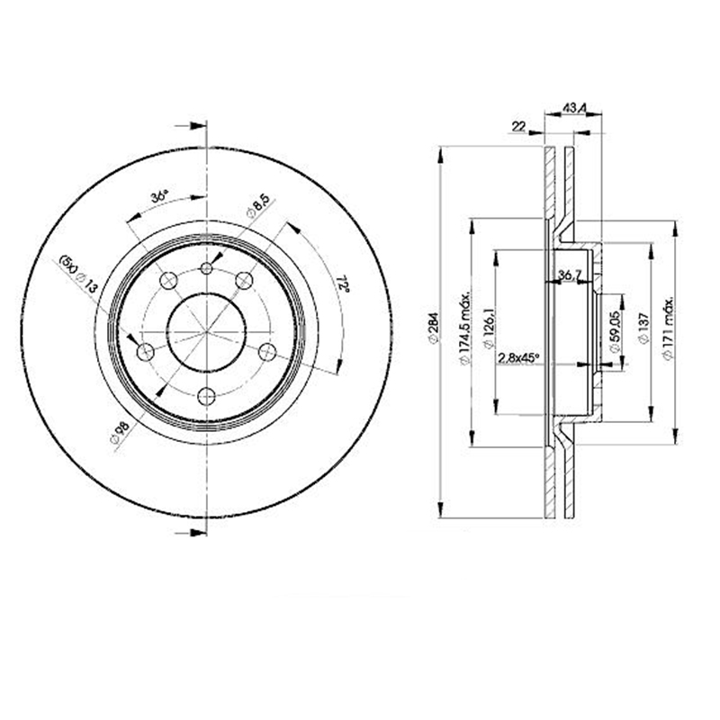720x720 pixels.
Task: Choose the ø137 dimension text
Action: coord(643,329)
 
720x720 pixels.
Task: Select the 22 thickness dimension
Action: coord(518,127)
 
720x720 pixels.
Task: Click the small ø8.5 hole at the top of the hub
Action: coord(206,268)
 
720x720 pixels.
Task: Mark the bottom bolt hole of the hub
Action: coord(206,394)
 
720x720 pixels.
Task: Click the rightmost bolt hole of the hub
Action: coord(268,351)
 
